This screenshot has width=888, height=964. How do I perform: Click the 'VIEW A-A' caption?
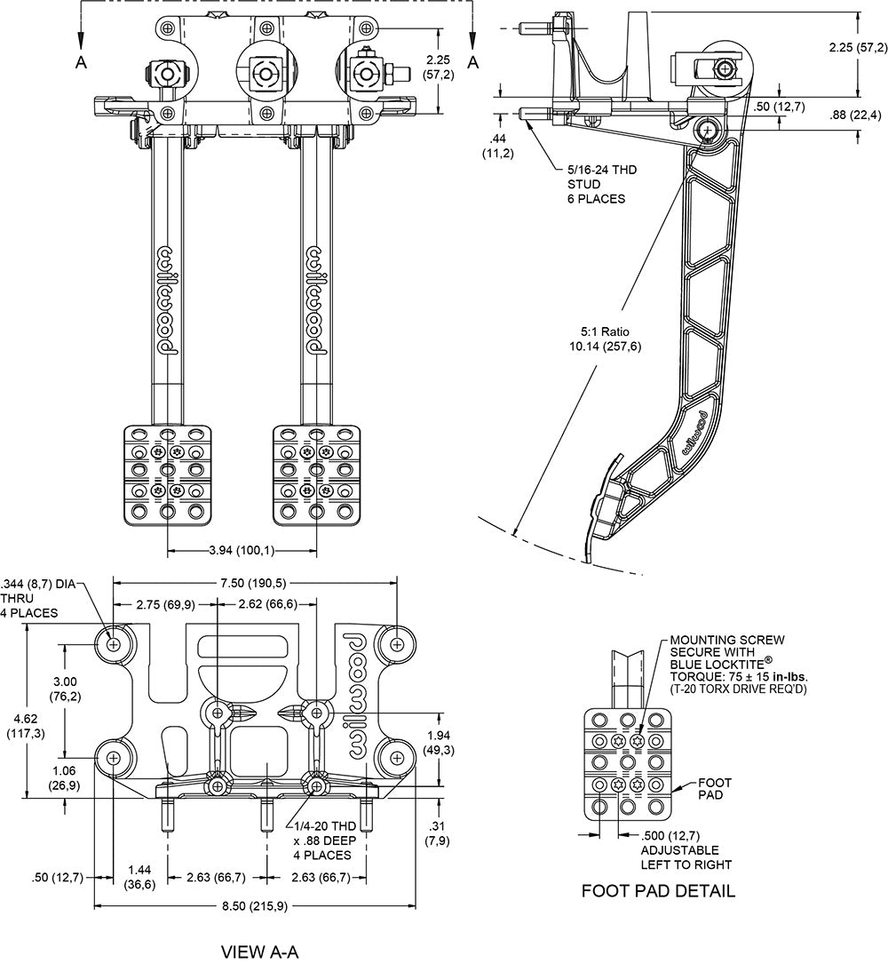click(259, 952)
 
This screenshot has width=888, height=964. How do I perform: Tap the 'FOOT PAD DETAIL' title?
click(658, 890)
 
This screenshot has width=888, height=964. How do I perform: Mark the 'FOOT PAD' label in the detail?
click(714, 790)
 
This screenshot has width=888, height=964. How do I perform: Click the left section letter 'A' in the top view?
click(81, 61)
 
